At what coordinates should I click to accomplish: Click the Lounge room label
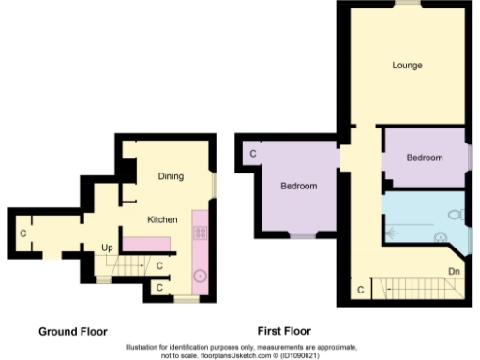tap(407, 66)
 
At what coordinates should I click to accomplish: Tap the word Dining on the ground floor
tap(170, 176)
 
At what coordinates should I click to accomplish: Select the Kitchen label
tap(161, 219)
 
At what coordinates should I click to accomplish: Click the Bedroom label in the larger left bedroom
tap(298, 187)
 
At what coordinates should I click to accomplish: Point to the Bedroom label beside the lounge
tap(424, 157)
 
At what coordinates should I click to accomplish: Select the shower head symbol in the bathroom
tap(390, 225)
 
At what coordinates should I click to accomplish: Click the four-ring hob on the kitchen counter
tap(199, 230)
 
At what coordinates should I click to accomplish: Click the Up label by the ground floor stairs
tap(108, 248)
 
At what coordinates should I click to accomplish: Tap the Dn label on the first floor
tap(453, 272)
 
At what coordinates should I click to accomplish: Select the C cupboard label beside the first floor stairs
tap(359, 291)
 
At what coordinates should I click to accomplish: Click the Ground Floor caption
tap(72, 331)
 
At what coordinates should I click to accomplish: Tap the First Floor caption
tap(284, 331)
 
